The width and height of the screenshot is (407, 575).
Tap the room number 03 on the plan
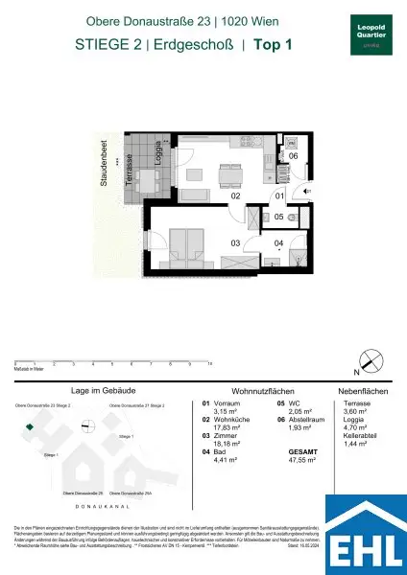[234, 243]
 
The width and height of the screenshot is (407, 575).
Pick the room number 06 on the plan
[294, 156]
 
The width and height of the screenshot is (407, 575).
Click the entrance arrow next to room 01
[305, 192]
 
